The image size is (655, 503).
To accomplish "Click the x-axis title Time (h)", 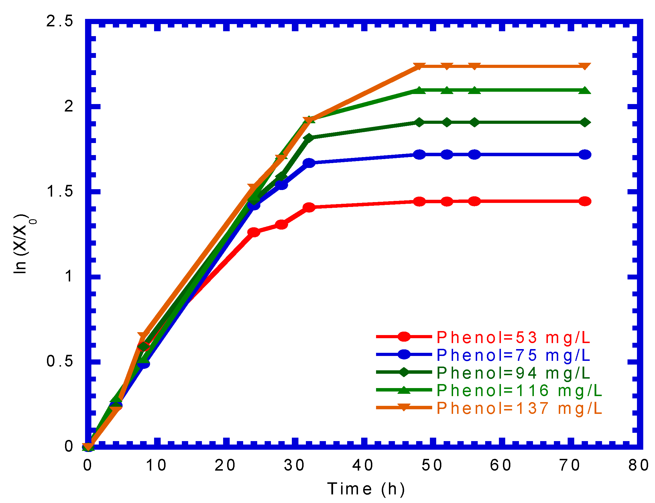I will (366, 489).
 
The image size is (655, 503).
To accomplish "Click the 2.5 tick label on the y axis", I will (60, 21).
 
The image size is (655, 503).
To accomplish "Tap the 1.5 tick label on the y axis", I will (60, 191).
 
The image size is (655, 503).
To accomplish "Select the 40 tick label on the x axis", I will (363, 465).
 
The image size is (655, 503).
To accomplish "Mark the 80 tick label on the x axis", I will (639, 465).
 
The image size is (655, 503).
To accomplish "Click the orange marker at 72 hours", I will (584, 66).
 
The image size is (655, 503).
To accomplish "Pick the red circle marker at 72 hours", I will (584, 201).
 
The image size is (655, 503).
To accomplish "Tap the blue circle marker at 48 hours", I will (419, 154).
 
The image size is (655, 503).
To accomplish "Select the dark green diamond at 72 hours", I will (584, 122).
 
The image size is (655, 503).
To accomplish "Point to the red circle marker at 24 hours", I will (254, 232).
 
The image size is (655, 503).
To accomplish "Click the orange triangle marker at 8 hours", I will (143, 336).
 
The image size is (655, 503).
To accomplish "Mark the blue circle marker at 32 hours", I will (309, 163).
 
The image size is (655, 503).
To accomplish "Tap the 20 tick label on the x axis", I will (225, 465).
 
